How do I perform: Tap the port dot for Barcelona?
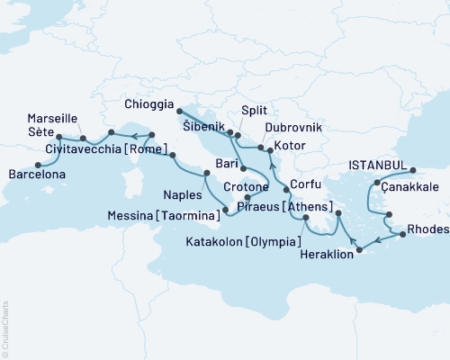pyautogui.click(x=38, y=164)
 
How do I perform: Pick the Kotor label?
pyautogui.click(x=295, y=146)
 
